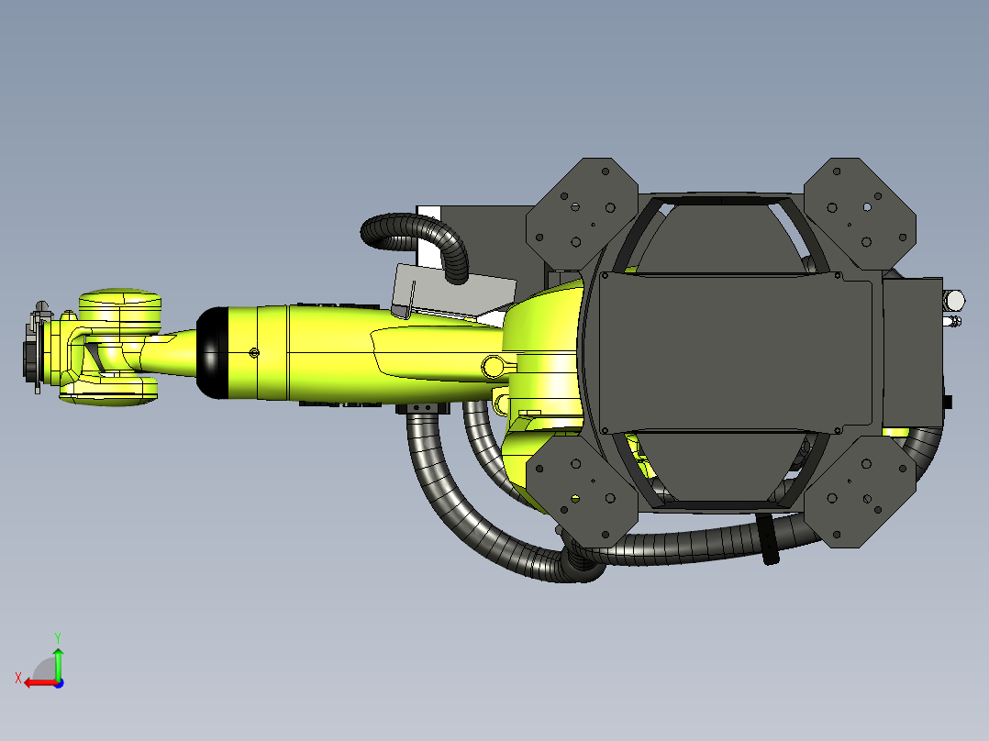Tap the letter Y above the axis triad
(57, 636)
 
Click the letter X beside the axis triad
(17, 678)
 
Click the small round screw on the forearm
(254, 353)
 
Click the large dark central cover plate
(734, 353)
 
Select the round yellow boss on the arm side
(493, 366)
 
